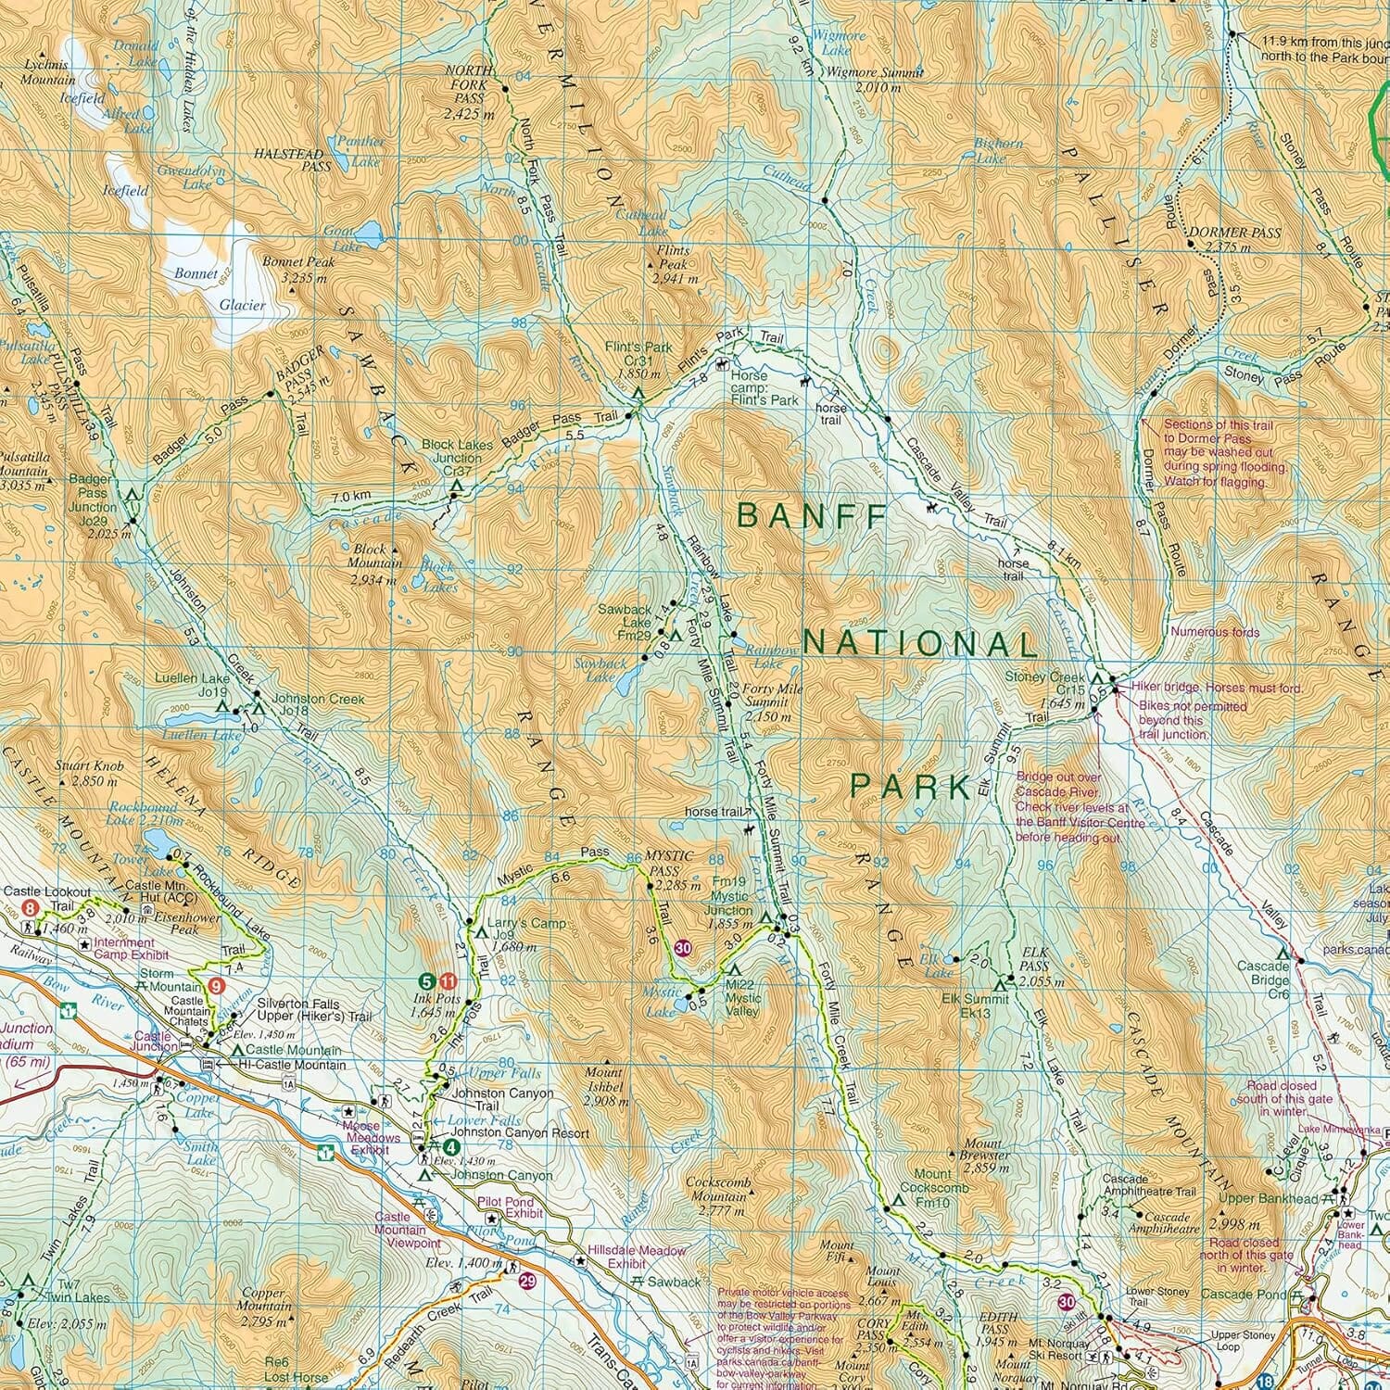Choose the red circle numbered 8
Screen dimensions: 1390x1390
(31, 909)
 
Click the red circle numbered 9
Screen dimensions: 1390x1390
(216, 986)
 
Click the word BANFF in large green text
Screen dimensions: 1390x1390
(812, 516)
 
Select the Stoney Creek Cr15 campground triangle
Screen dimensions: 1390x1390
(1095, 678)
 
